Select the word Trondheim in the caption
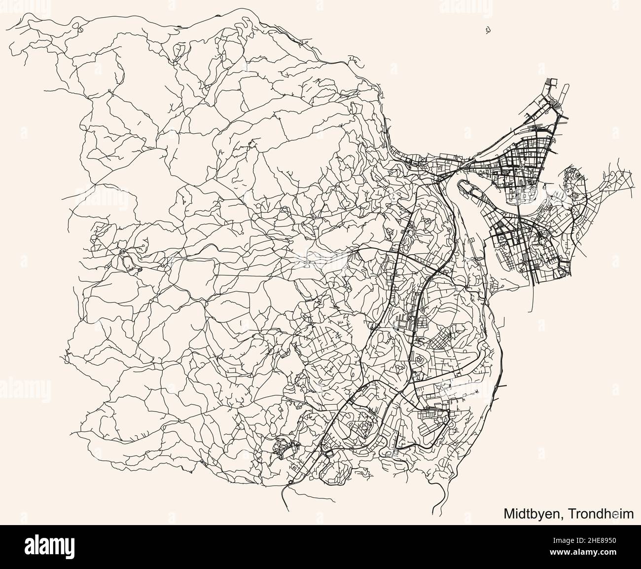[x=601, y=513]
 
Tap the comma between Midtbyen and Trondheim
[x=562, y=517]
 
